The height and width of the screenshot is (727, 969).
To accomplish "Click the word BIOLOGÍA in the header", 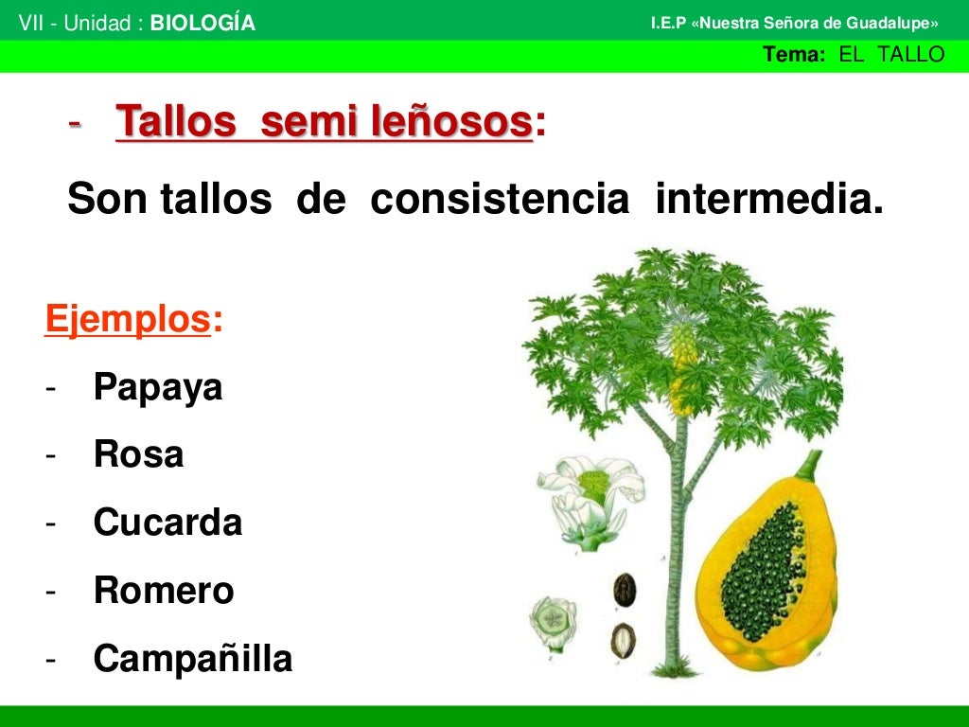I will pyautogui.click(x=203, y=24).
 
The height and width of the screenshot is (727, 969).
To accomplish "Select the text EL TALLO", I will pyautogui.click(x=891, y=55).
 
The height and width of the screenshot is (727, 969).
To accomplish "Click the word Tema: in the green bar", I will pyautogui.click(x=795, y=55).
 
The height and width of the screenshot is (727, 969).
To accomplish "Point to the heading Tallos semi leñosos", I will pyautogui.click(x=324, y=123).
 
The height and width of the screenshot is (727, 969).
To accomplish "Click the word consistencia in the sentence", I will pyautogui.click(x=500, y=200).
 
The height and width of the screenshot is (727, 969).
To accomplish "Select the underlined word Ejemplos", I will pyautogui.click(x=127, y=320).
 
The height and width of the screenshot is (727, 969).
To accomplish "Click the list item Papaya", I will pyautogui.click(x=158, y=387).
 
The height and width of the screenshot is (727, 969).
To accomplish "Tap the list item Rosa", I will pyautogui.click(x=138, y=455).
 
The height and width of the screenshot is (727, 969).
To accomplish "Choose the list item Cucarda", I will pyautogui.click(x=167, y=523).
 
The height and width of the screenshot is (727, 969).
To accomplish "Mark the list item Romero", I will pyautogui.click(x=164, y=591).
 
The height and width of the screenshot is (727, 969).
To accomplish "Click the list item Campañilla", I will pyautogui.click(x=193, y=659).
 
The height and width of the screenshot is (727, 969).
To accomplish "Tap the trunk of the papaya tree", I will pyautogui.click(x=676, y=549).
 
